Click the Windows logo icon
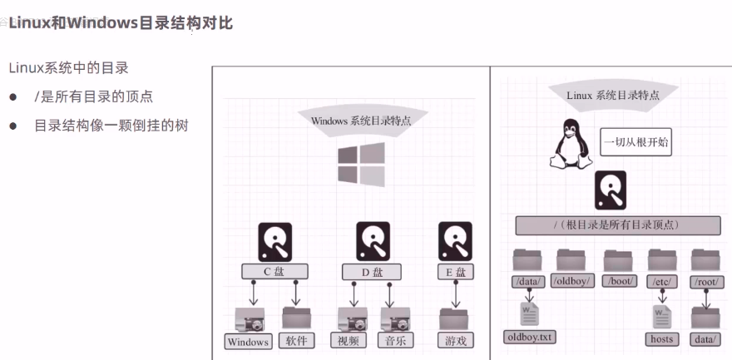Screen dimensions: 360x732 (361, 164)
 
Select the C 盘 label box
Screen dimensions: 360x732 (274, 271)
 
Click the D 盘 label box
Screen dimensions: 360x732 (373, 271)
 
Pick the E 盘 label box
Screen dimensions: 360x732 (455, 271)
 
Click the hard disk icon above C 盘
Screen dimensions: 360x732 (275, 242)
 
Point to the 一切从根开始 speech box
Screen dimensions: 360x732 (636, 142)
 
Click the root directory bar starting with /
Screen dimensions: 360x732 (617, 225)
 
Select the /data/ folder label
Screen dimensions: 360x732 (528, 281)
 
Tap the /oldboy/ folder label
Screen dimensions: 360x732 (573, 281)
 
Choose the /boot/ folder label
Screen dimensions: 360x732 (620, 281)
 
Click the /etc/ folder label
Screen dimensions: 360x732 (663, 281)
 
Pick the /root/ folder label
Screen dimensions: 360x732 (707, 281)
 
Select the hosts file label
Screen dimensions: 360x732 (662, 338)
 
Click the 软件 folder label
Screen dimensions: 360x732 (297, 340)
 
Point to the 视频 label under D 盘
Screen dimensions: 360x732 (348, 340)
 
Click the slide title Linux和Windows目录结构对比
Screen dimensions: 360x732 (121, 22)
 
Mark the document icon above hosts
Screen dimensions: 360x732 (663, 315)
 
